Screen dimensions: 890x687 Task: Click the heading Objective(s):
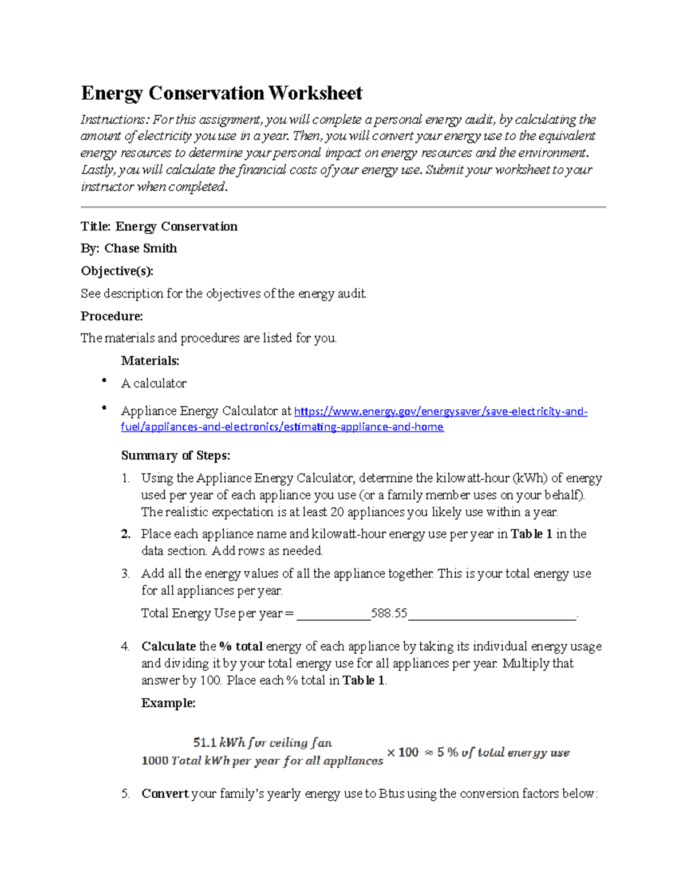coord(117,270)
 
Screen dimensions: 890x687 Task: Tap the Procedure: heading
coord(112,316)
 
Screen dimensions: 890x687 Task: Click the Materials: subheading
coord(150,360)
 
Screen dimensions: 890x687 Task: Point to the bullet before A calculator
coord(104,381)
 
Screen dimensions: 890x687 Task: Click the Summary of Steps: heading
coord(175,456)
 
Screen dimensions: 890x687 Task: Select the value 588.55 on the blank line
coord(389,613)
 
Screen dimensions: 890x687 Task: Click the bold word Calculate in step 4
coord(168,646)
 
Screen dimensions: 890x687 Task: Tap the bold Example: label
coord(168,703)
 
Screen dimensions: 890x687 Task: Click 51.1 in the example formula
coord(204,743)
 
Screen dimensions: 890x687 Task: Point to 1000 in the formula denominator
coord(155,761)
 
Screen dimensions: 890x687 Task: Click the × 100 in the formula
coord(402,752)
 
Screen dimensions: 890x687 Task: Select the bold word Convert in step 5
coord(165,794)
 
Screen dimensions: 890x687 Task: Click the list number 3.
coord(125,574)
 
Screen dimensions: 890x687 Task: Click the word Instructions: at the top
coord(114,120)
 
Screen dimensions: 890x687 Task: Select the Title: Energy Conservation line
coord(159,226)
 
